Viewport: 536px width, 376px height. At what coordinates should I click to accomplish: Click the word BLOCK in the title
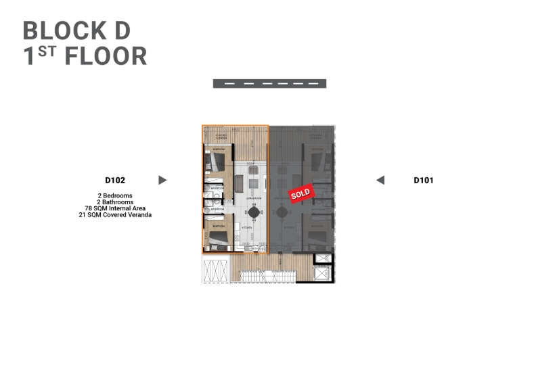(x=60, y=30)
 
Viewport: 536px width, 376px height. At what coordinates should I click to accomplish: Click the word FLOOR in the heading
(x=106, y=57)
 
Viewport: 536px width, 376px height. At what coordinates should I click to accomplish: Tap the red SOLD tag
(x=300, y=193)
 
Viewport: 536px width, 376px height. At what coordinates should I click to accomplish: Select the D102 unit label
(x=115, y=180)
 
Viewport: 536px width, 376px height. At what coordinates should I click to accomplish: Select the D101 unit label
(x=424, y=180)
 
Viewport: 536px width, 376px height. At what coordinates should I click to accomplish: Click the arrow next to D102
(x=162, y=180)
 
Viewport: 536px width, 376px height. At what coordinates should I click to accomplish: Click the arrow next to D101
(x=380, y=180)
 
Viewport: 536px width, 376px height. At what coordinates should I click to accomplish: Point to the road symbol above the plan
(x=269, y=84)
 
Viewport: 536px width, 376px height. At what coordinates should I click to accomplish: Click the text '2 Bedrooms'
(x=115, y=195)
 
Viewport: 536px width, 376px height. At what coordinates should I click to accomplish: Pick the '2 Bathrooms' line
(x=115, y=202)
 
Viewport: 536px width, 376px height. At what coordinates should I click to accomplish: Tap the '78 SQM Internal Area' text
(x=115, y=208)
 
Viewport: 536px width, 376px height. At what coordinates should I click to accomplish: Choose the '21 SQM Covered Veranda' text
(x=115, y=215)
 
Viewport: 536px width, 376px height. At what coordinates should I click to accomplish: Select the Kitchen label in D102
(x=247, y=229)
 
